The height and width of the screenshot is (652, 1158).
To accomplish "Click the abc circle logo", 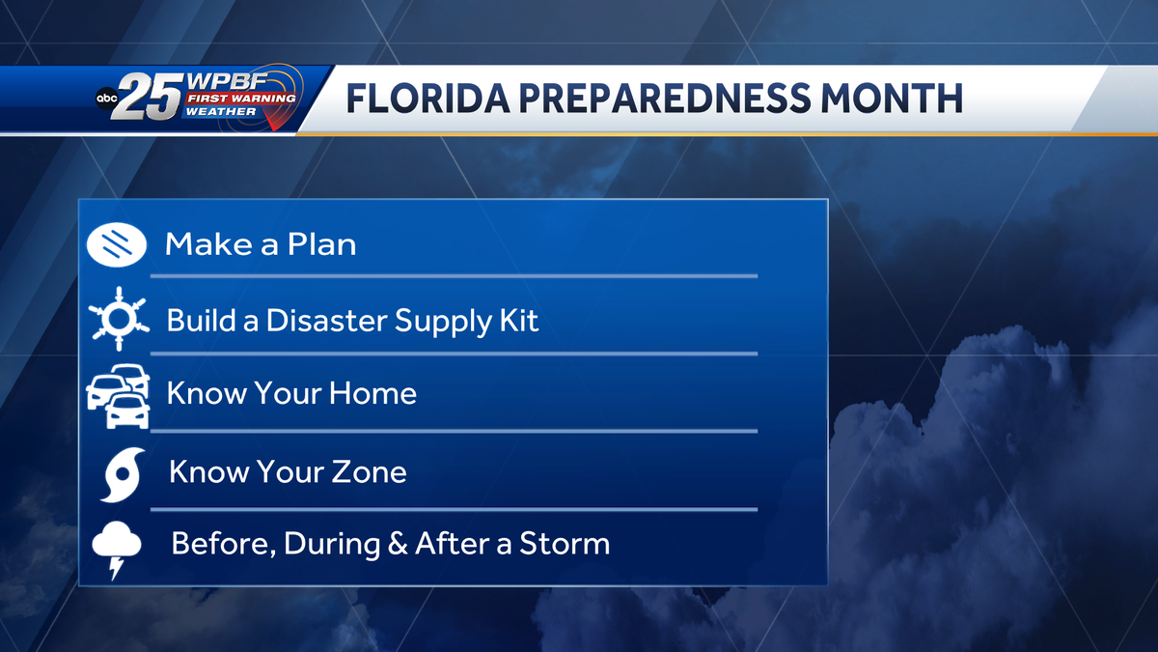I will [x=107, y=98].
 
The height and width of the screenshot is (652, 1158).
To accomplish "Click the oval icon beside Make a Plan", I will [x=116, y=243].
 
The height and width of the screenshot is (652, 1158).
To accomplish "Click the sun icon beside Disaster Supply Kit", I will [x=118, y=318].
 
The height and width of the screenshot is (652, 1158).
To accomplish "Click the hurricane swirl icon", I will [x=122, y=474].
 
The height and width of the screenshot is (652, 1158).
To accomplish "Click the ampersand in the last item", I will [x=397, y=544].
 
